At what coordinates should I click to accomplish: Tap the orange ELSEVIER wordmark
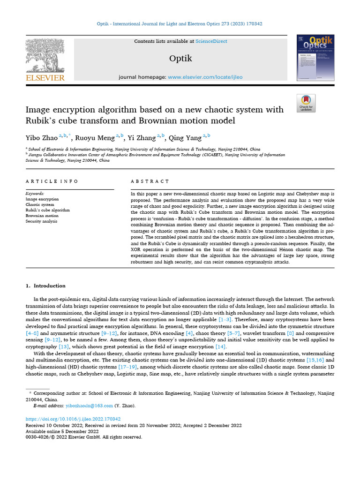(45, 77)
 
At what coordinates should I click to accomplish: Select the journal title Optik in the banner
(180, 59)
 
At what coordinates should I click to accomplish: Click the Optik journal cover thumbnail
(315, 58)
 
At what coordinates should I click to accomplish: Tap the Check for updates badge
(306, 103)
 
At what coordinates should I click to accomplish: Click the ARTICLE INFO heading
(52, 181)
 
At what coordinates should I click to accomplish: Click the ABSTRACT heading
(150, 181)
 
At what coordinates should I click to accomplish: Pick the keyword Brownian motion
(42, 216)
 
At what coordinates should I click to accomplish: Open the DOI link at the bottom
(73, 419)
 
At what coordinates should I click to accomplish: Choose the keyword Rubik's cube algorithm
(47, 210)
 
